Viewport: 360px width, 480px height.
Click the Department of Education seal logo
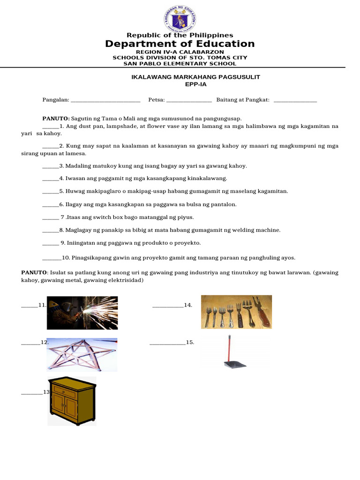(x=180, y=19)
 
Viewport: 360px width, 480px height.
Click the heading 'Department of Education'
(x=180, y=44)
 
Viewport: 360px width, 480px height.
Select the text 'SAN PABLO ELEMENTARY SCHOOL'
(x=180, y=64)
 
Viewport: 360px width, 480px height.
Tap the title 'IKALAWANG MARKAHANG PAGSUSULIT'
(x=195, y=77)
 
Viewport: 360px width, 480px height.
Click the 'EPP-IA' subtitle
(x=195, y=84)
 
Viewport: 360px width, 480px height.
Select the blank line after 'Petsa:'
(x=189, y=100)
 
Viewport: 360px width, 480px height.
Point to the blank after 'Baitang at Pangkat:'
(x=295, y=100)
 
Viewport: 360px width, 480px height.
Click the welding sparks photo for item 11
(x=82, y=313)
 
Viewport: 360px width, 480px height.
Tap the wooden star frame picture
(x=82, y=354)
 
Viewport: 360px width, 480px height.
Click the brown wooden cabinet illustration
(x=72, y=401)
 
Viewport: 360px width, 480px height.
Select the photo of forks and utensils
(x=236, y=312)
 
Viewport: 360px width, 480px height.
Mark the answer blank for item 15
(x=167, y=343)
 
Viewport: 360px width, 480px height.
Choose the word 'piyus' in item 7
(x=186, y=217)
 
